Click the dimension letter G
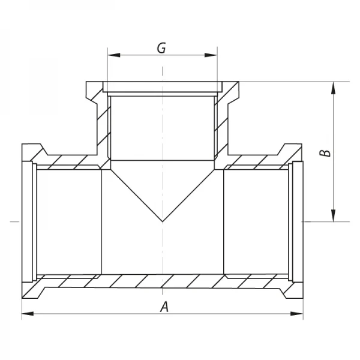point(161,48)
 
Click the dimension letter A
point(164,307)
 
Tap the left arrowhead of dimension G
point(114,55)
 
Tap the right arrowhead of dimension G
point(211,55)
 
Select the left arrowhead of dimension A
point(28,314)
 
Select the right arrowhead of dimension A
point(297,314)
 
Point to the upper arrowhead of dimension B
point(334,88)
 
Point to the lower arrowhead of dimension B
point(334,215)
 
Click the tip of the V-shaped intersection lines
point(163,221)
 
